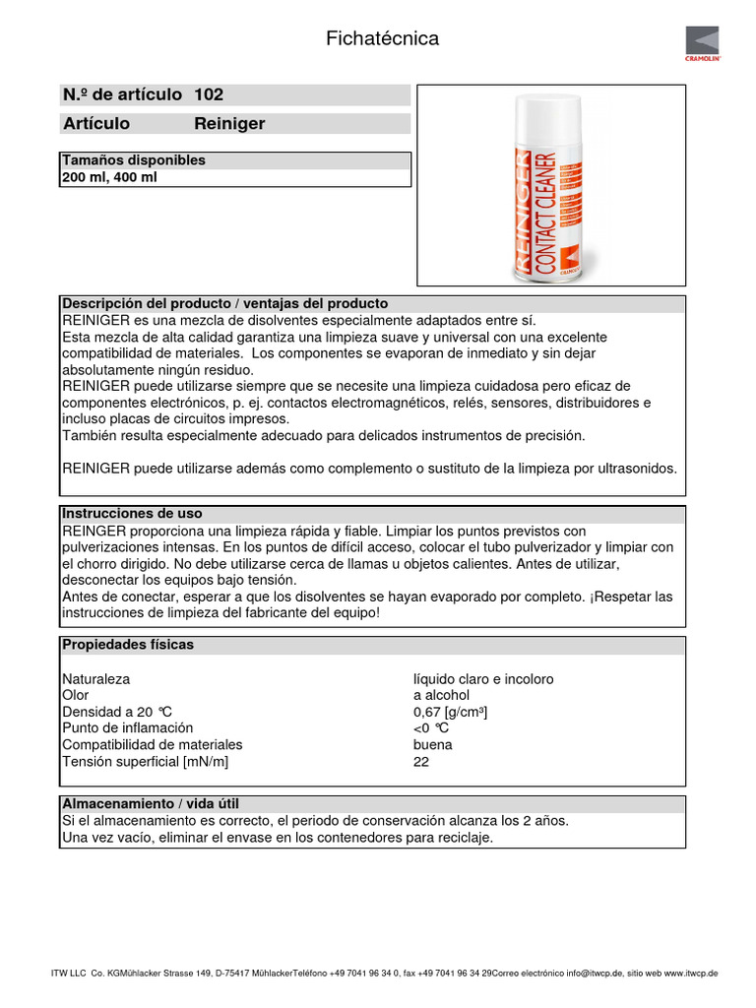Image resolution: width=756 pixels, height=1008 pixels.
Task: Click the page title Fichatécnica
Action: [382, 39]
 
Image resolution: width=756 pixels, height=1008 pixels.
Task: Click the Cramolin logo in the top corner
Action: [703, 44]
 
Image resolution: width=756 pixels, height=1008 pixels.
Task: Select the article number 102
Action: [209, 94]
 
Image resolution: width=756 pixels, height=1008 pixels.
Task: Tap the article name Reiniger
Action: [229, 124]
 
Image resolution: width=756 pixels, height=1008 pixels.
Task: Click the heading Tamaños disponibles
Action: [134, 160]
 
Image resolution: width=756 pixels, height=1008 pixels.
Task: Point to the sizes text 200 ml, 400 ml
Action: [109, 178]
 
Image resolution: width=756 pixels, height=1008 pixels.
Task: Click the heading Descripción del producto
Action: [224, 303]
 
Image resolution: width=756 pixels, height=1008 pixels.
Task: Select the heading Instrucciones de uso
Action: [132, 514]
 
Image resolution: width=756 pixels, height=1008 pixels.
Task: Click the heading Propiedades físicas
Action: [128, 645]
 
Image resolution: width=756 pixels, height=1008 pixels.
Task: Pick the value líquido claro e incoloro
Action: [483, 679]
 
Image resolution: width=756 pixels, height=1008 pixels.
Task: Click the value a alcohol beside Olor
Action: [441, 695]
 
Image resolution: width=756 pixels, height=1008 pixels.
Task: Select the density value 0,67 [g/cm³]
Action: [451, 712]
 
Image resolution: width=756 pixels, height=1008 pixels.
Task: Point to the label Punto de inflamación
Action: [129, 728]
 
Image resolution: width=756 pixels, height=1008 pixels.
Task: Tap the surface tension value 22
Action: [421, 761]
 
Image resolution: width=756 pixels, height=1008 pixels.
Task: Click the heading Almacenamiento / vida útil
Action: [150, 804]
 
